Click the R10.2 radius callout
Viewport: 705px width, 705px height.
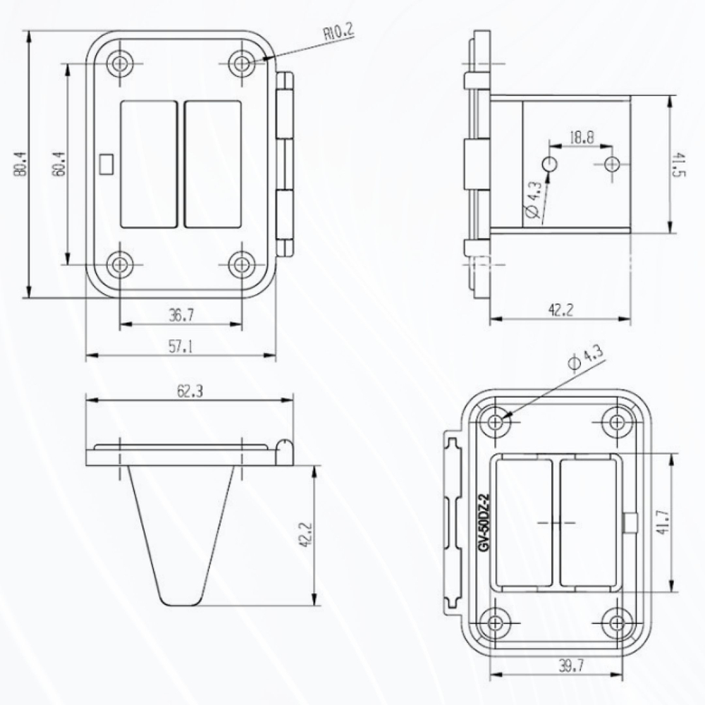point(338,32)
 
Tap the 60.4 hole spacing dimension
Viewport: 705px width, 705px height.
point(59,164)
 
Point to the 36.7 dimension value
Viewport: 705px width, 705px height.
point(181,315)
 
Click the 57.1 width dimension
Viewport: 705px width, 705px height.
point(180,347)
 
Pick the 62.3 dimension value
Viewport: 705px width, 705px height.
point(190,391)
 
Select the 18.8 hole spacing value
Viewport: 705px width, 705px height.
point(582,137)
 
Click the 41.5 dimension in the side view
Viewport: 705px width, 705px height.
point(678,164)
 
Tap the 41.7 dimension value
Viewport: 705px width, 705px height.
point(663,522)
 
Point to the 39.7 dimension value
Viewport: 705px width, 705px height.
point(571,666)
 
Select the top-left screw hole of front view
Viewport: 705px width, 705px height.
point(119,64)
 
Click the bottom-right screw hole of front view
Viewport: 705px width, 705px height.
point(242,264)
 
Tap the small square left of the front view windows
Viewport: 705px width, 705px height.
point(106,164)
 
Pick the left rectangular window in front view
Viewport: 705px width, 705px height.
point(149,164)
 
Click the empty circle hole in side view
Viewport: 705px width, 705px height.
point(549,164)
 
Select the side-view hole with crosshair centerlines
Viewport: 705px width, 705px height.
point(611,164)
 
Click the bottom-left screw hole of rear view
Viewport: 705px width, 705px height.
point(496,623)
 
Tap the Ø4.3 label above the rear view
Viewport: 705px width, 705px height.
point(586,358)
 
